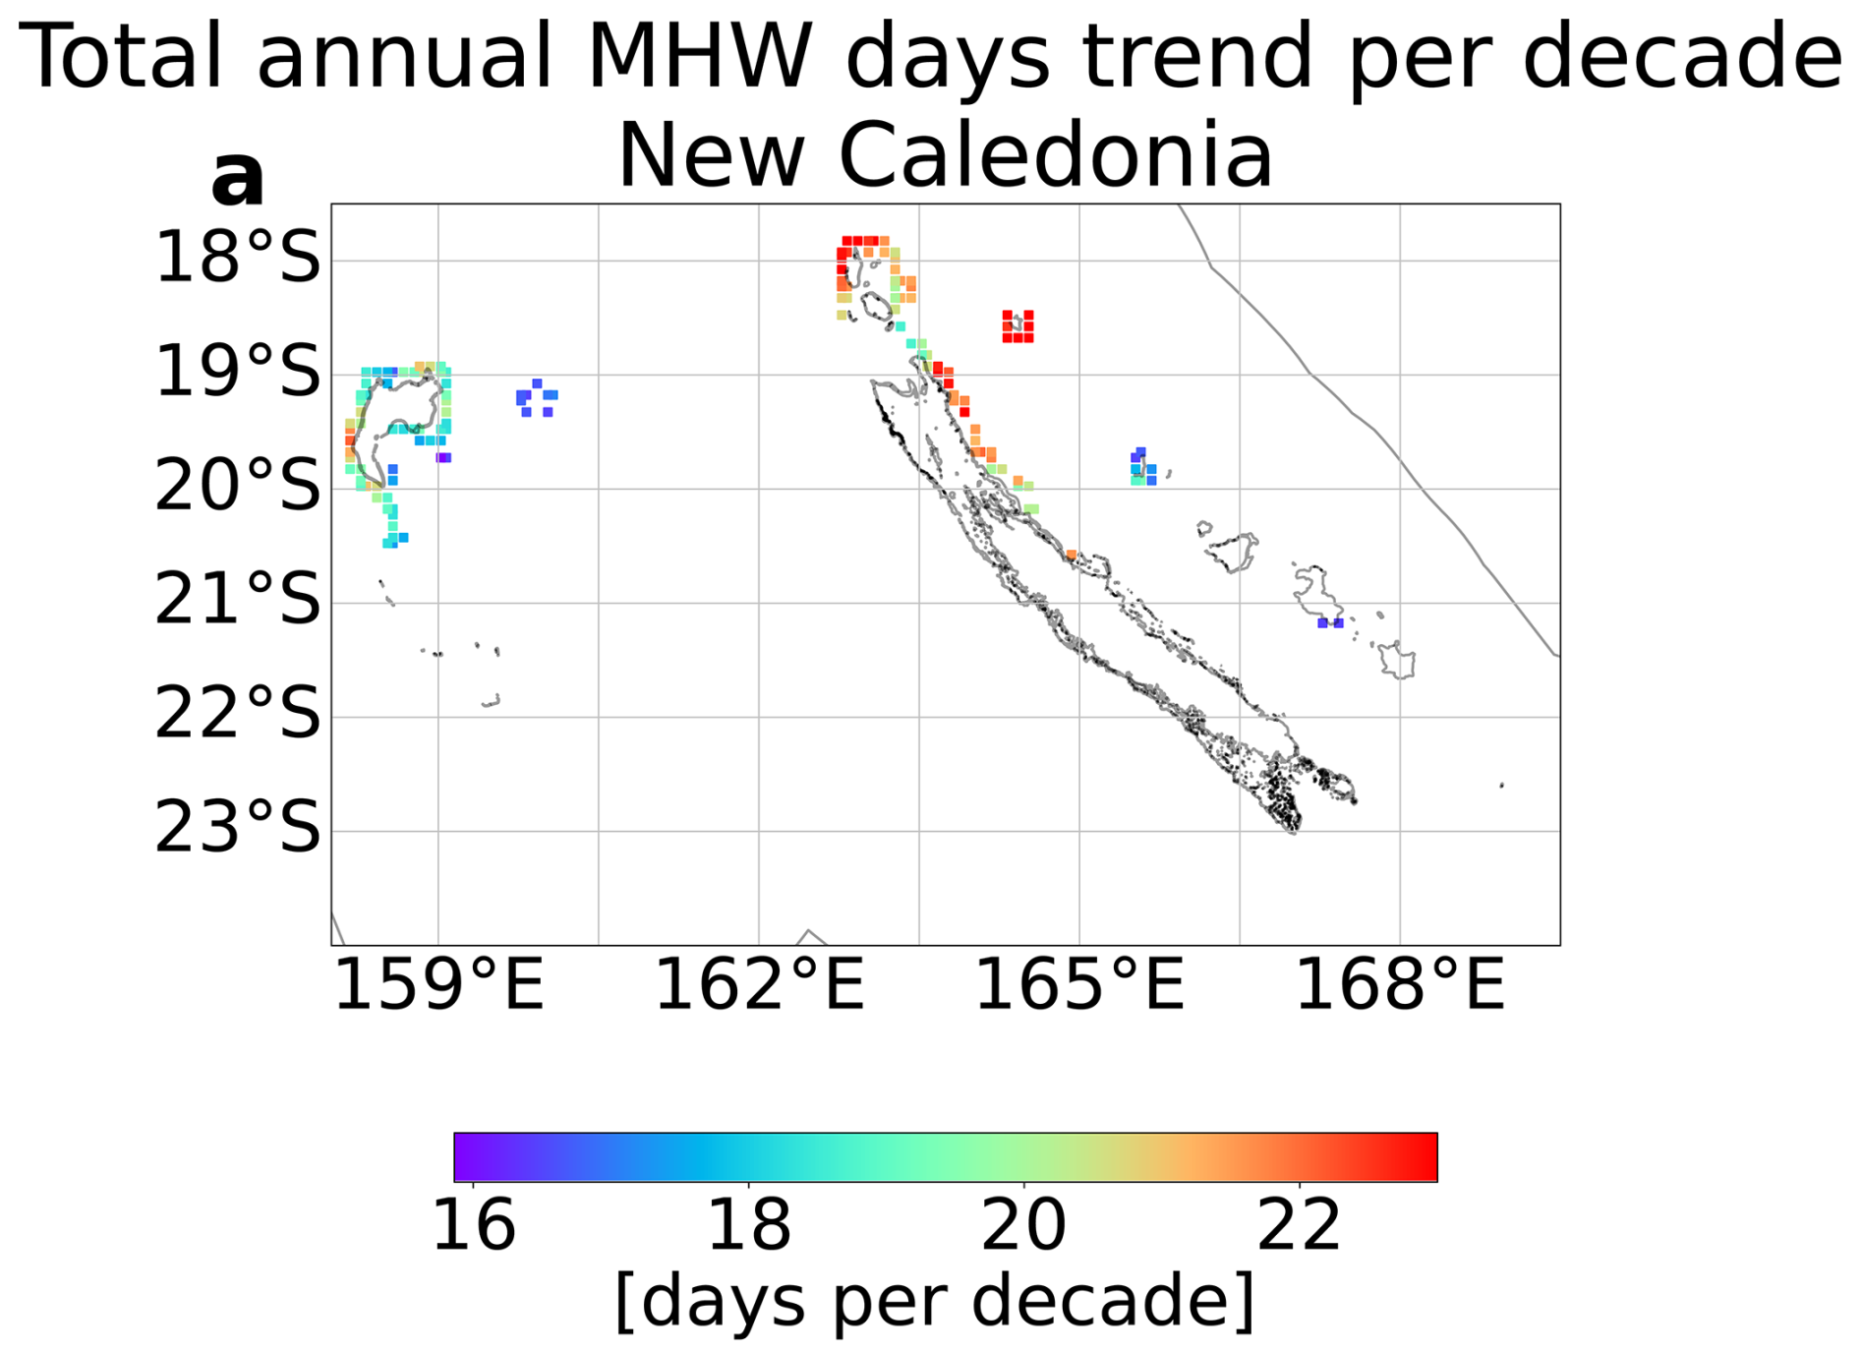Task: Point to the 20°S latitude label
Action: (237, 486)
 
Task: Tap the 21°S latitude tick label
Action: (237, 600)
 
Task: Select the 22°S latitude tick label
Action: (237, 714)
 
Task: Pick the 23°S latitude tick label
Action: (237, 828)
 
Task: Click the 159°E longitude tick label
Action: (438, 985)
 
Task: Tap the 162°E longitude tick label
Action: (759, 985)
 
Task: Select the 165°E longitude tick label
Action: (1079, 985)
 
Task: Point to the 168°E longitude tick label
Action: (1400, 985)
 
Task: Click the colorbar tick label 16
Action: (474, 1225)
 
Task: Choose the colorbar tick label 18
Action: (749, 1225)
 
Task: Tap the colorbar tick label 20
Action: (1023, 1225)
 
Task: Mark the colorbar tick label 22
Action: (1299, 1225)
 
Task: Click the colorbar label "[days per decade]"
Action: (934, 1300)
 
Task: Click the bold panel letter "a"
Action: (238, 178)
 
